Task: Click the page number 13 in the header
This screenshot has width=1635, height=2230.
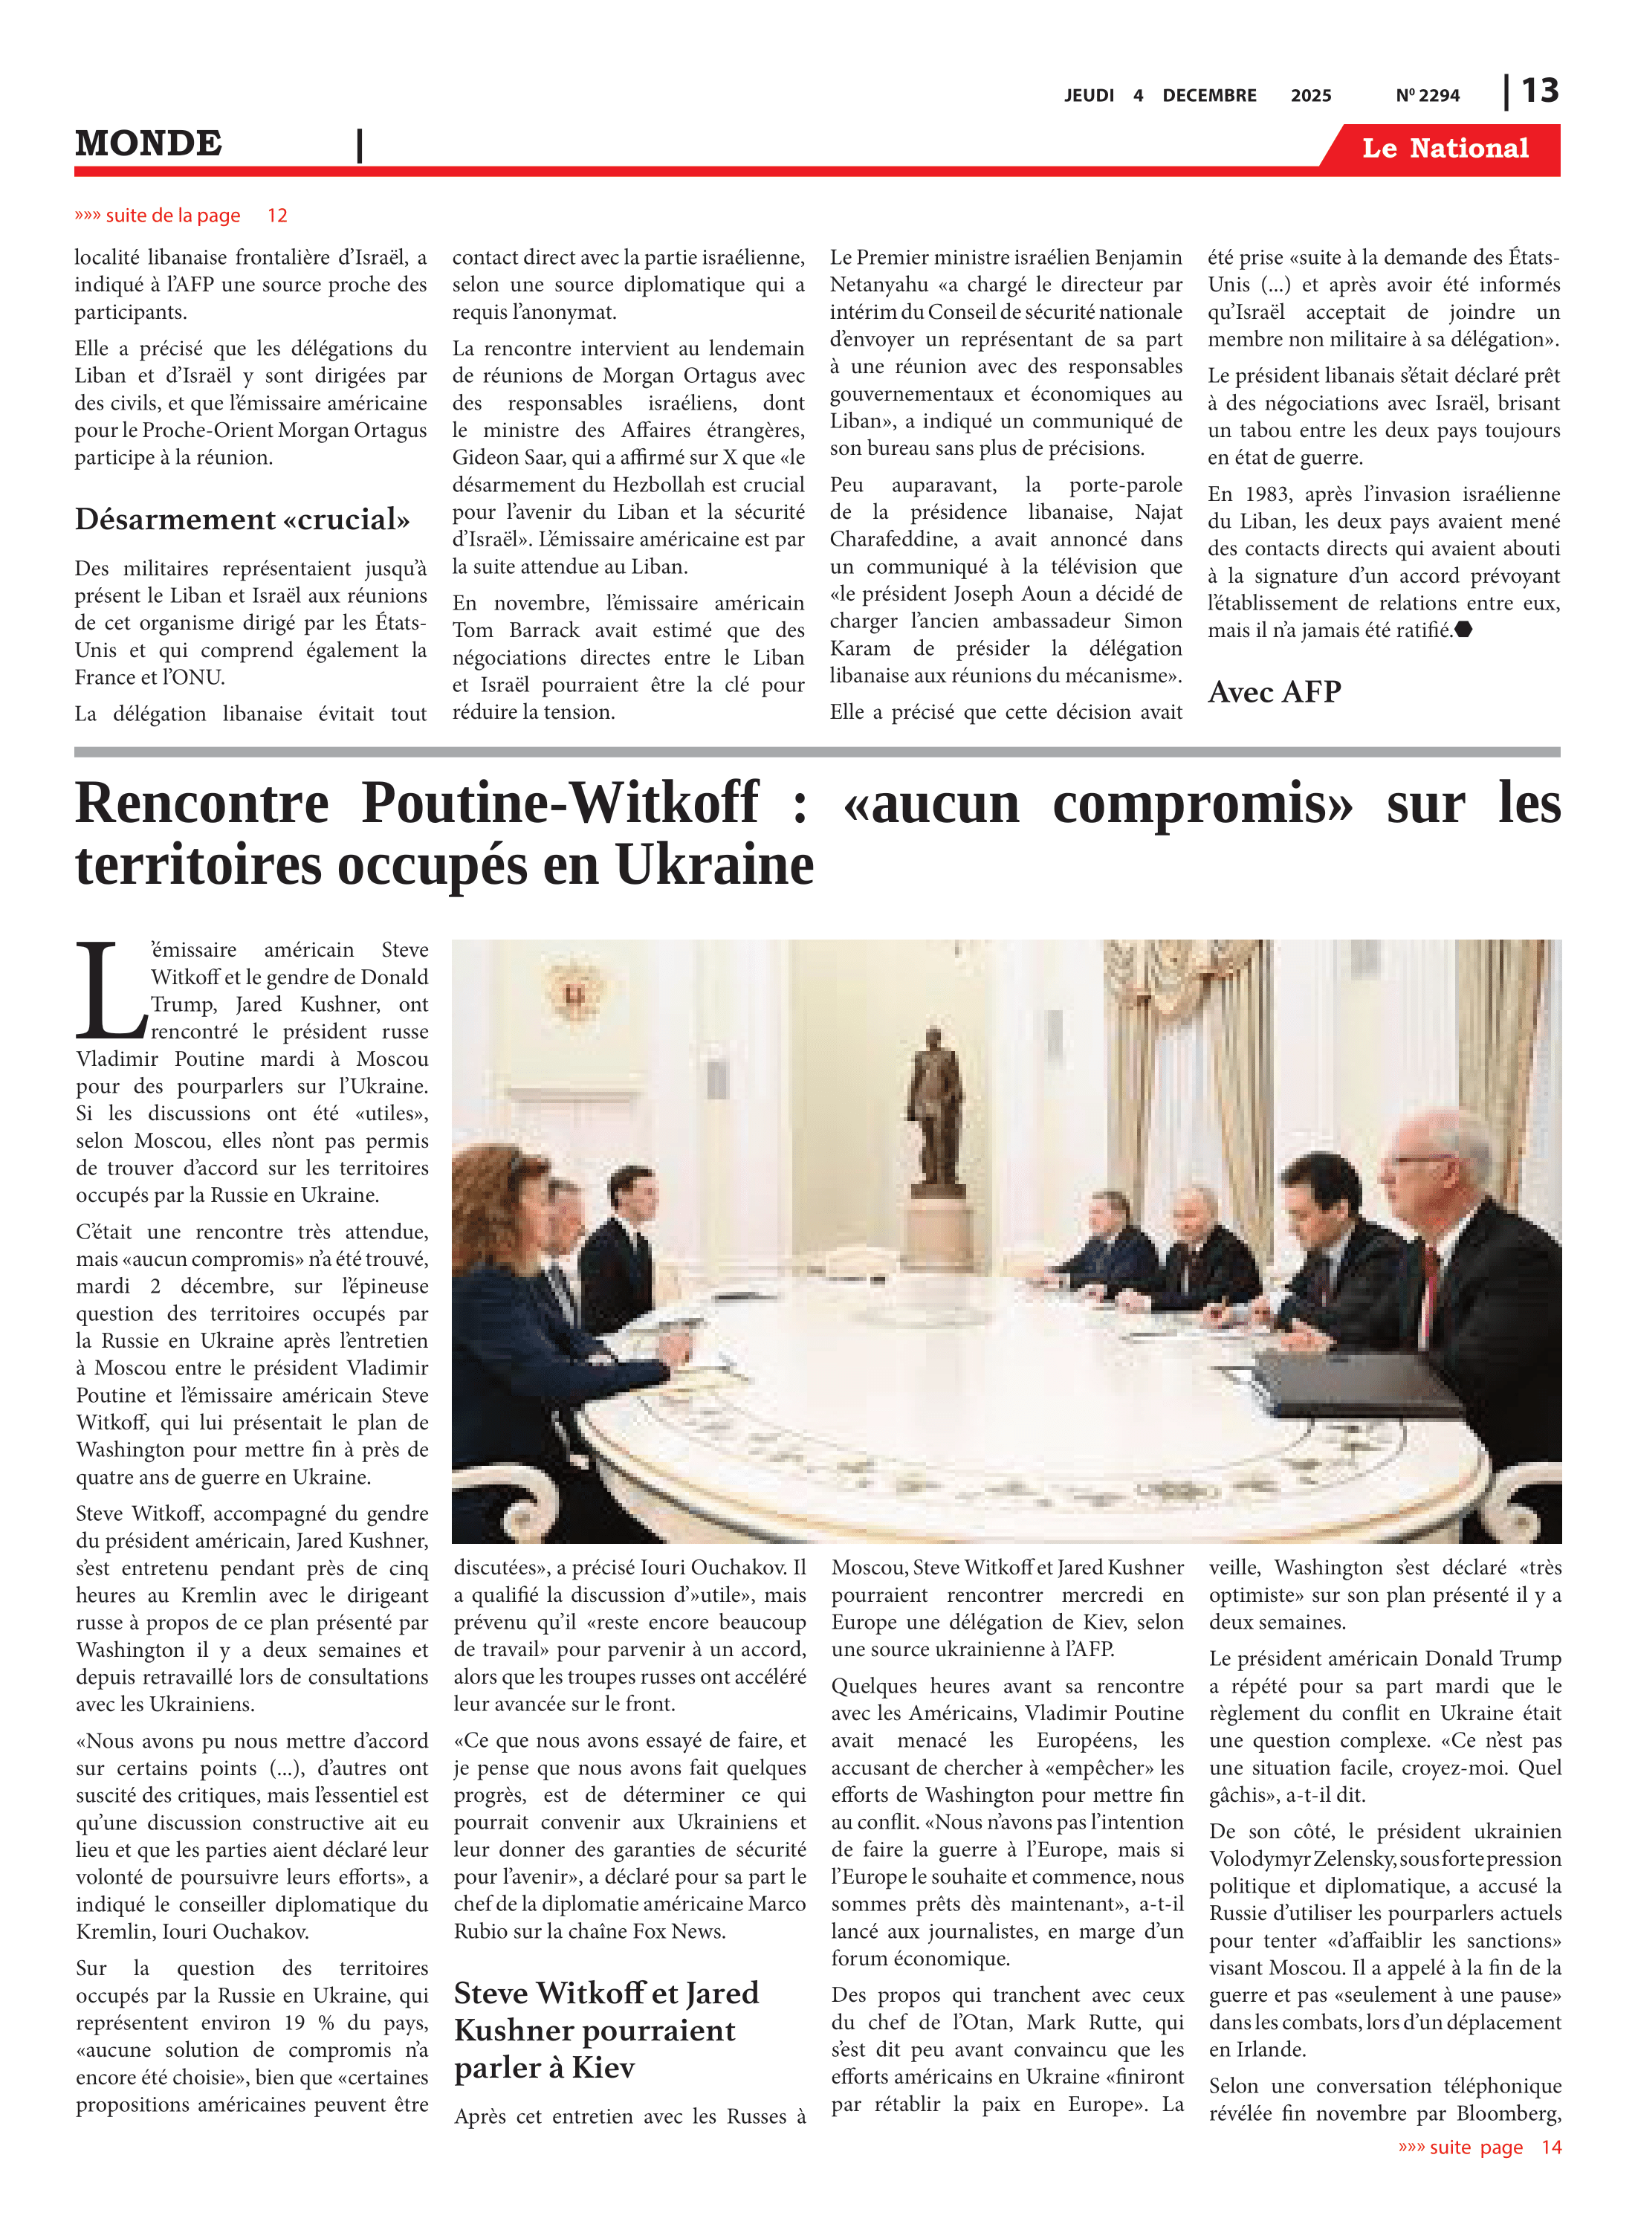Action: [1539, 91]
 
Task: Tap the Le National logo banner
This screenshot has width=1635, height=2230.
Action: [1444, 149]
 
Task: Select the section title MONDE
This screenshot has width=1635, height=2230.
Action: [149, 143]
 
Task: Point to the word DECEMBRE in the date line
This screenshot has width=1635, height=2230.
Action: [1208, 96]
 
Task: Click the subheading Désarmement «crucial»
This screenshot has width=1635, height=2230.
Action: [242, 520]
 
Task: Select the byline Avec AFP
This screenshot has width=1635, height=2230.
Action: [1274, 692]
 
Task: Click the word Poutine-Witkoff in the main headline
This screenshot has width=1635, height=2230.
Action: [560, 803]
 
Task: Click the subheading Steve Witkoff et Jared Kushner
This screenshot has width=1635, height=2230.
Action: [606, 2029]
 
